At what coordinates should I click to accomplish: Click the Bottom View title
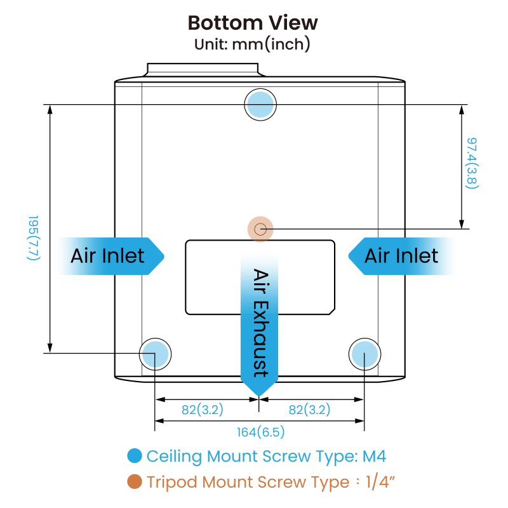click(x=253, y=23)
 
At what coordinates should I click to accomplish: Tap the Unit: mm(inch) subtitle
click(x=252, y=45)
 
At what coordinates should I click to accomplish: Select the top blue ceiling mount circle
click(x=260, y=105)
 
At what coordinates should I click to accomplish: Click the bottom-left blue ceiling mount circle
click(x=156, y=354)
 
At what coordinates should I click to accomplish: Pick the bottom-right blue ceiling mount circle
click(x=364, y=354)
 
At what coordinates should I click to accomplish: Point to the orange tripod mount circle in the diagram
click(x=260, y=229)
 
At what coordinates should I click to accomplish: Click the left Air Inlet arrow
click(x=109, y=256)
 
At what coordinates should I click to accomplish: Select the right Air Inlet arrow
click(x=403, y=256)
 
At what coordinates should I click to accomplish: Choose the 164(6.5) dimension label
click(x=261, y=432)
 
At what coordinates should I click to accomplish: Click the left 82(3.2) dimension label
click(x=203, y=410)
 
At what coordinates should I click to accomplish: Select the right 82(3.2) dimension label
click(x=309, y=410)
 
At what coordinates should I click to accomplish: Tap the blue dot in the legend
click(x=135, y=456)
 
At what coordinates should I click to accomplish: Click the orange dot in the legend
click(x=135, y=482)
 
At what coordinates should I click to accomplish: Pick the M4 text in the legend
click(x=374, y=456)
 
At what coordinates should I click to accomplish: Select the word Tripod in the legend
click(x=172, y=482)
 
